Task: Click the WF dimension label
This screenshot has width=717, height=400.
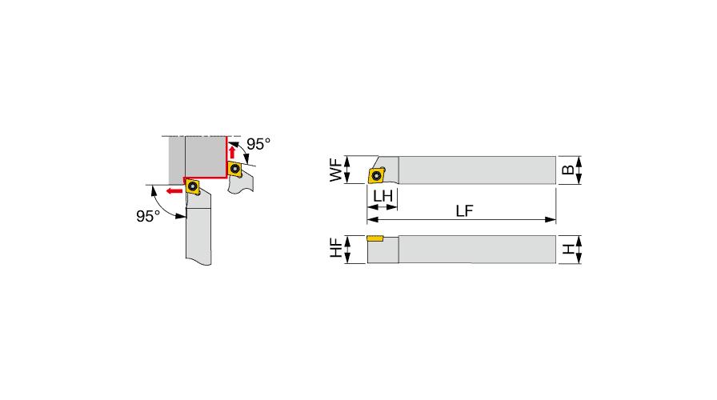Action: tap(336, 170)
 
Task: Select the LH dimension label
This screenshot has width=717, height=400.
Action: tap(383, 196)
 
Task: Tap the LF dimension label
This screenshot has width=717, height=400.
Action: tap(464, 210)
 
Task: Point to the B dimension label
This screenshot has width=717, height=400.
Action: tap(567, 170)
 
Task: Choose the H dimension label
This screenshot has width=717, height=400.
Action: tap(568, 249)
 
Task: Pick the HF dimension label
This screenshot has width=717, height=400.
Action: tap(336, 248)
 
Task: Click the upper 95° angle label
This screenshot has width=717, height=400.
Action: tap(258, 144)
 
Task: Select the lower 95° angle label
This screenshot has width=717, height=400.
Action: tap(148, 216)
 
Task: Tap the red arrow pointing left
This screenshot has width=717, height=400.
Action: tap(174, 190)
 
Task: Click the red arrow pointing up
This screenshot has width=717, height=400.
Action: tap(232, 152)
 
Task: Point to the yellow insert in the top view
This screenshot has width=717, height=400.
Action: tap(377, 175)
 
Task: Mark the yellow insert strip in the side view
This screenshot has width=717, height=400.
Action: tap(375, 238)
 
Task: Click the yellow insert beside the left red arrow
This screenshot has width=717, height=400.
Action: tap(193, 186)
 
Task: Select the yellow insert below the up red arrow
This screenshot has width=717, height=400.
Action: tap(235, 169)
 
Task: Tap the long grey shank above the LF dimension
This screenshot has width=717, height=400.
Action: tap(477, 170)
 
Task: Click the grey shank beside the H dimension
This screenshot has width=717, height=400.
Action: tap(477, 250)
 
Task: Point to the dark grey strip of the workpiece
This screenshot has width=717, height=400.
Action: tap(177, 160)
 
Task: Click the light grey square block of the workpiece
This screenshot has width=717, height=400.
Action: tap(206, 157)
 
